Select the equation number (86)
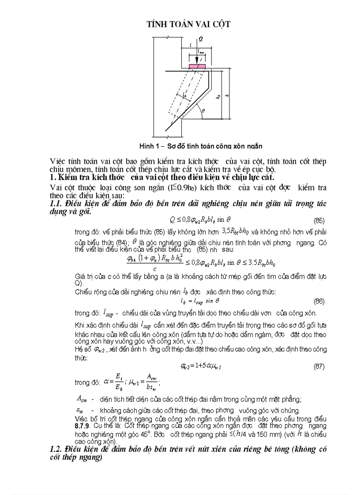(x=319, y=301)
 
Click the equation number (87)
(x=319, y=366)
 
